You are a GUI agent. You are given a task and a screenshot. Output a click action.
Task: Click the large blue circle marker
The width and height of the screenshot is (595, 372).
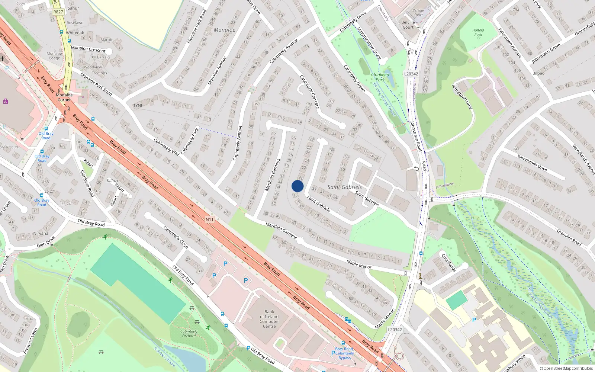[x=297, y=186]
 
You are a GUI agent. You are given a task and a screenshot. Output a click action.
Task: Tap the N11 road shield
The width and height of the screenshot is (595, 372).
[x=210, y=219]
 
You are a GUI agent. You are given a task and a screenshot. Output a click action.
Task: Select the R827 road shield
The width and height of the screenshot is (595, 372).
[x=58, y=12]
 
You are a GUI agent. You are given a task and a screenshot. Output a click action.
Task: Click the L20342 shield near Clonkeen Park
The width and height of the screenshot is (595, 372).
[x=411, y=74]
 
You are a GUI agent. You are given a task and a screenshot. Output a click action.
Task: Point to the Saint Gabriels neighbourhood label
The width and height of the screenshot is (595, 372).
[x=344, y=187]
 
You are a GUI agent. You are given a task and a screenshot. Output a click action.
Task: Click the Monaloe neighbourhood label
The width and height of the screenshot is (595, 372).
[x=224, y=30]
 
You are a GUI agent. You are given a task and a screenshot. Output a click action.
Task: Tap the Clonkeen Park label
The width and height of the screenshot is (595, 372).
[x=380, y=77]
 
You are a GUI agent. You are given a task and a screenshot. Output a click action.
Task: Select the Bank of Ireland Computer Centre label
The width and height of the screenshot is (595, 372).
[x=269, y=319]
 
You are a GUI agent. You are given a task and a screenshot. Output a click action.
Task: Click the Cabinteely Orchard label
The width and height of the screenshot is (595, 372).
[x=189, y=333]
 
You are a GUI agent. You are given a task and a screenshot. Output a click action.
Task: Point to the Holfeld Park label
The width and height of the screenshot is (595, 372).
[x=478, y=32]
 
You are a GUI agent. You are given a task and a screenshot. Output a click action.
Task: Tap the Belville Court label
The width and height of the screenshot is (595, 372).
[x=408, y=25]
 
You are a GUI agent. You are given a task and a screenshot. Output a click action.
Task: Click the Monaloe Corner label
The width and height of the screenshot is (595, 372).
[x=64, y=97]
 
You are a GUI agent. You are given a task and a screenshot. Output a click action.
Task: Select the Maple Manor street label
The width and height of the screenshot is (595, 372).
[x=359, y=264]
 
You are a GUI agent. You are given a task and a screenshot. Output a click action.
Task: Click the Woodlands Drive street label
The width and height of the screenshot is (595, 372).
[x=532, y=163]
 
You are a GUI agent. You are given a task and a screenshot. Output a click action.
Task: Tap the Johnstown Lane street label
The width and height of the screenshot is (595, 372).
[x=462, y=97]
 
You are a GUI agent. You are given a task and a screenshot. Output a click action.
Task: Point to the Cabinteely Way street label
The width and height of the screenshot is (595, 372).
[x=167, y=147]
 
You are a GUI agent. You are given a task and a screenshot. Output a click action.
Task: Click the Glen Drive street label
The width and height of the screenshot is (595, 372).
[x=46, y=241]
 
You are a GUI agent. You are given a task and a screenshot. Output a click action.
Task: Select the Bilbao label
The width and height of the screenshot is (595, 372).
[x=538, y=73]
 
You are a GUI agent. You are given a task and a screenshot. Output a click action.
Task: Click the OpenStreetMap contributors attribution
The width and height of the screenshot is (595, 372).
[x=566, y=368]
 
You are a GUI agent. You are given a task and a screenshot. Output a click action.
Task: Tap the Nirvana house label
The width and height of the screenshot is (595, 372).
[x=41, y=234]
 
